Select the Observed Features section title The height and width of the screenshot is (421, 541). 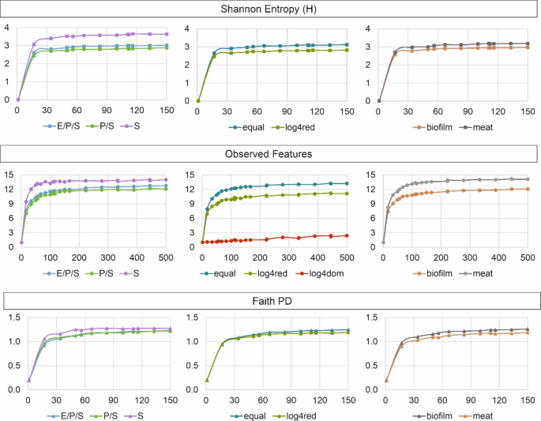pyautogui.click(x=270, y=155)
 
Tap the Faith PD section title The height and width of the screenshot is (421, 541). pyautogui.click(x=270, y=302)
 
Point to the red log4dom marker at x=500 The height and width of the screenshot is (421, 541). pyautogui.click(x=346, y=235)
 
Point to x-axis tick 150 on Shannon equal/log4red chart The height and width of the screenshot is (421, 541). pyautogui.click(x=346, y=111)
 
